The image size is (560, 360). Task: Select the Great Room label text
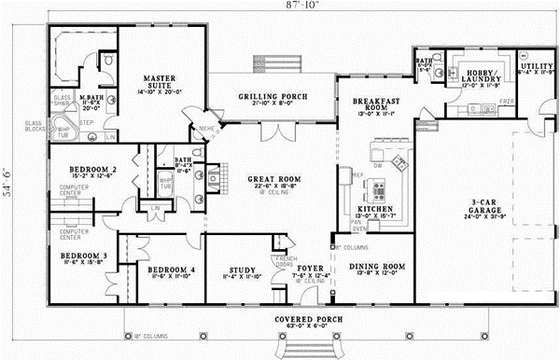269,178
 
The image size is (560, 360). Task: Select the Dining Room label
375,268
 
